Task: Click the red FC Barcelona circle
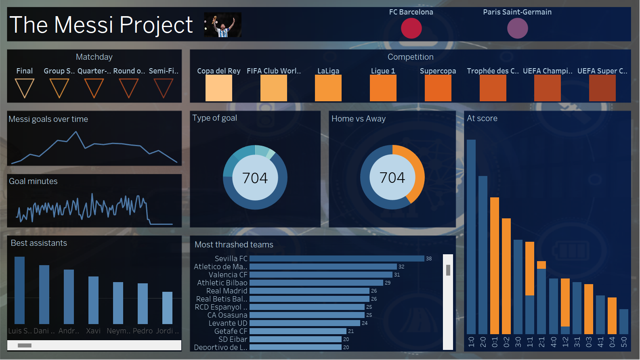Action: [411, 28]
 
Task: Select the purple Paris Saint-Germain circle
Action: [517, 28]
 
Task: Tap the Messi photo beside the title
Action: [222, 25]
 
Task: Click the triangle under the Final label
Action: [24, 87]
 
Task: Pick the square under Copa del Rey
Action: [218, 88]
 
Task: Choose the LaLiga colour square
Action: [328, 88]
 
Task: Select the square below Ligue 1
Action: [383, 88]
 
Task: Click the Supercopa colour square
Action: [438, 88]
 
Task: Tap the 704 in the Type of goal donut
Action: [255, 178]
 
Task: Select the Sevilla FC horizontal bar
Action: [337, 258]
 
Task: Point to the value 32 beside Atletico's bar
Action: [401, 266]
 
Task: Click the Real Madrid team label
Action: [227, 291]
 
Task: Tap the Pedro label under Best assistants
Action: [143, 331]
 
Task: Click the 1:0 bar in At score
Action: [471, 237]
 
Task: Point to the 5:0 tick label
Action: [624, 342]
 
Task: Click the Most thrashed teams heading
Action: [234, 245]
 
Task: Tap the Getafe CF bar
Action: [298, 331]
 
